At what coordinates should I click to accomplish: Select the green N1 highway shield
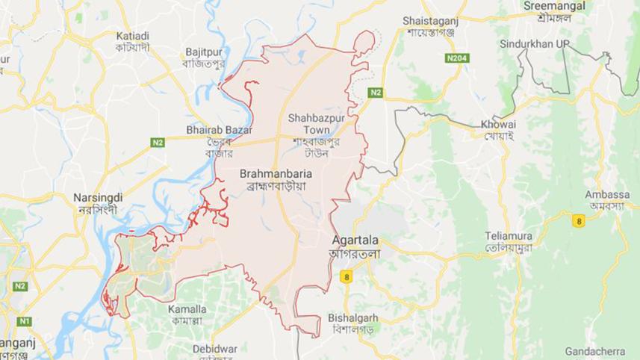24,320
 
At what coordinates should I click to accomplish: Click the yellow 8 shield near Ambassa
577,220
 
